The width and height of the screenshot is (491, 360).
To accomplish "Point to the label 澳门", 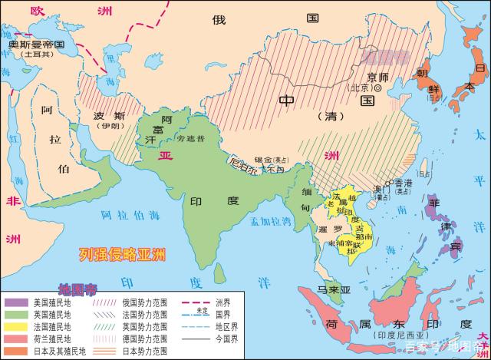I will pos(377,188).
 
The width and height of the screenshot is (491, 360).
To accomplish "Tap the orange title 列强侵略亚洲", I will pos(124,253).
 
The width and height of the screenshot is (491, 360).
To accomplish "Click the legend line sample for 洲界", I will pos(201,302).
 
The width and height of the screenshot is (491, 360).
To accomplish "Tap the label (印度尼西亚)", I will pos(405,335).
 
